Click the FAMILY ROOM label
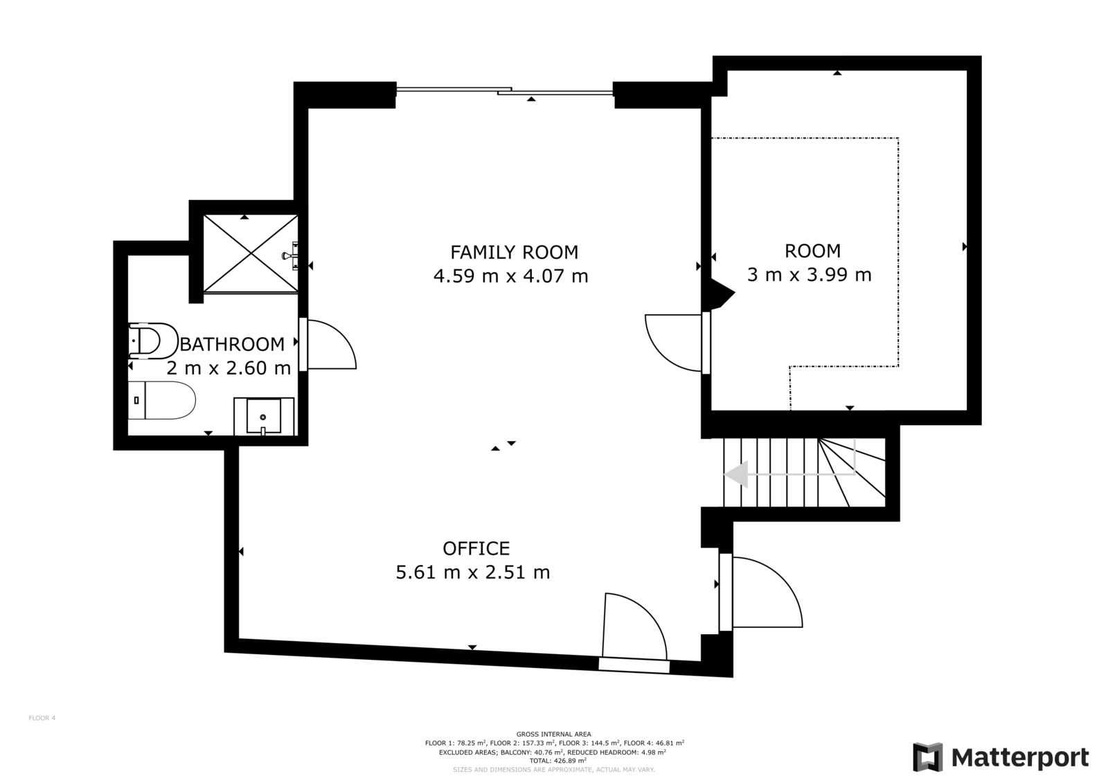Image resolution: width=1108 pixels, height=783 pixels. [514, 252]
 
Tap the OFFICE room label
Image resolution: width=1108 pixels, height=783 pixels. [476, 548]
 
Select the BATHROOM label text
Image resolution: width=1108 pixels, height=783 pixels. [232, 344]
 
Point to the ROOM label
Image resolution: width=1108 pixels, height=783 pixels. [813, 251]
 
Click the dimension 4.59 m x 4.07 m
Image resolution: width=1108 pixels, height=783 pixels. [511, 276]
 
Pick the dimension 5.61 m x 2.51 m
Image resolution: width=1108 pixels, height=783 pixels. [473, 573]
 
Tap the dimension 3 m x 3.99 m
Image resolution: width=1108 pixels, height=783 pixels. [810, 275]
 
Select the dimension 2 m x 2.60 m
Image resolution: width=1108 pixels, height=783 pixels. [229, 368]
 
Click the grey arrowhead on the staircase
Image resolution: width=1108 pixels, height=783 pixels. [736, 474]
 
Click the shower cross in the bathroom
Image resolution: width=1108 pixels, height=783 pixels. [251, 254]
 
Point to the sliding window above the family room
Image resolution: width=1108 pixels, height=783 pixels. [505, 91]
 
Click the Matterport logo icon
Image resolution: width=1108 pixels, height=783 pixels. [927, 757]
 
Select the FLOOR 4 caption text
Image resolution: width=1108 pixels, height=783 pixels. [42, 718]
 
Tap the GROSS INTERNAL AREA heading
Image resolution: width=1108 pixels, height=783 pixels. [553, 735]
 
